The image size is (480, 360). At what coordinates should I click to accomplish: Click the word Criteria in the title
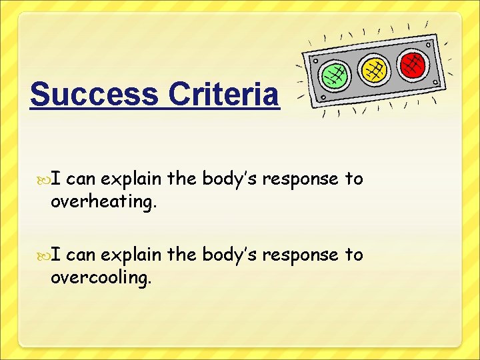click(223, 95)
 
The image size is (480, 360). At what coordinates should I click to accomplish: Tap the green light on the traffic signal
click(334, 75)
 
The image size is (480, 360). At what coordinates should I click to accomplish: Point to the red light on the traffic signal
click(413, 64)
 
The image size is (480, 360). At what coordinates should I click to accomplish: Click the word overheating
click(104, 202)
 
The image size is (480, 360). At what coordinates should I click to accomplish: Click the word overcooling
click(101, 278)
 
